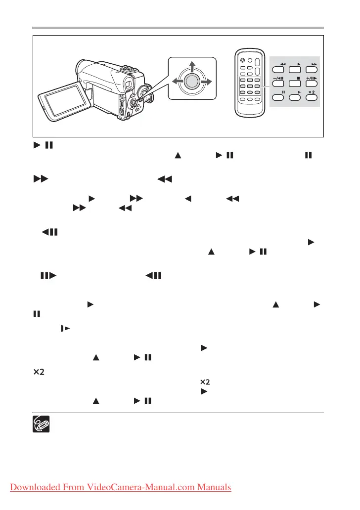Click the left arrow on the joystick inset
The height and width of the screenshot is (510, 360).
[x=176, y=82]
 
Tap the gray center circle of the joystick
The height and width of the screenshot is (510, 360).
[x=193, y=82]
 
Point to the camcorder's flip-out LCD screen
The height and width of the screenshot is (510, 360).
[x=61, y=99]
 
